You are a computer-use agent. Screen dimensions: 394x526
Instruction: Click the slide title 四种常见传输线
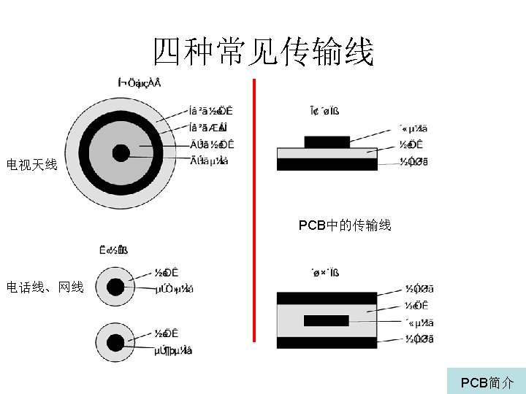coord(263,53)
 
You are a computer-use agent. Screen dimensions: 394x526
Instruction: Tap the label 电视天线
coord(31,166)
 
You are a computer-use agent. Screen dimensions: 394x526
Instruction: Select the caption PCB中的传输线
coord(345,225)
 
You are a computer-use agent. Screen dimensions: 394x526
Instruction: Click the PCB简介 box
coord(487,382)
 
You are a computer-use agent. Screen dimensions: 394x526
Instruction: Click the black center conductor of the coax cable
coord(121,153)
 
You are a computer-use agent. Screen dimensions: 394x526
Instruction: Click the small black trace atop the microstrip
coord(327,142)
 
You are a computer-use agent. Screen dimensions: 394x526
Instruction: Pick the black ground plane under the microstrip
coord(327,165)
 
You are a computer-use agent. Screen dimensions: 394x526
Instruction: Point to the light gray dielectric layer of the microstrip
coord(327,153)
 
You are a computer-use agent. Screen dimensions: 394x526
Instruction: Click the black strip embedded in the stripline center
coord(326,320)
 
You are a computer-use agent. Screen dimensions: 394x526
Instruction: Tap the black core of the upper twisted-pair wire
coord(115,287)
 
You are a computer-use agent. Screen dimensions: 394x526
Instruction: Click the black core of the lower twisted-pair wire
coord(115,342)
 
